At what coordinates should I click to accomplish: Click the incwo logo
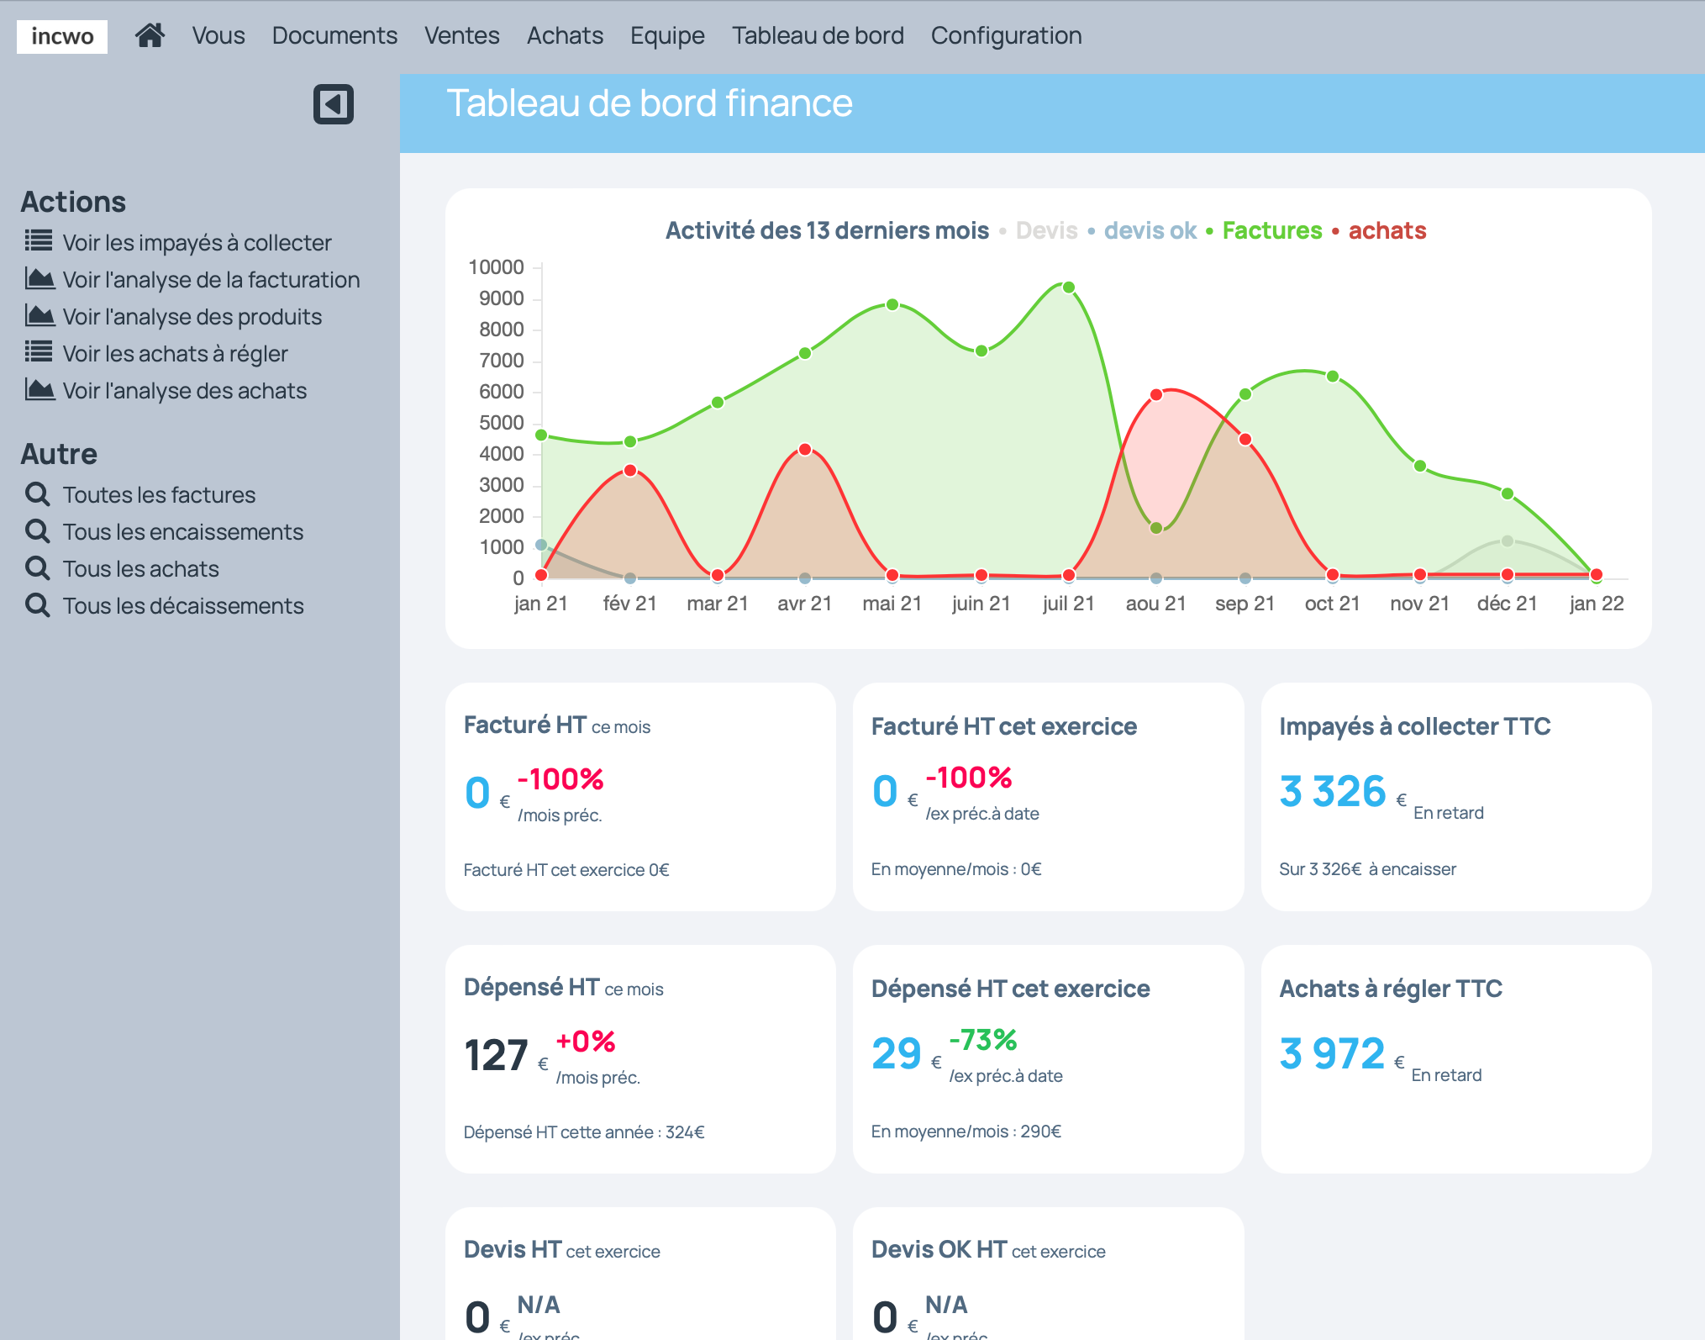point(62,36)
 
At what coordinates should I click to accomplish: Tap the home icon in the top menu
point(150,35)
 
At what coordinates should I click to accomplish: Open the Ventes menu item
point(461,35)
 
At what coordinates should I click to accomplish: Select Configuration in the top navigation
point(1006,35)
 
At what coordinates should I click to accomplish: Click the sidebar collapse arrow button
point(333,104)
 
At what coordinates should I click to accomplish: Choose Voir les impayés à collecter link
point(197,242)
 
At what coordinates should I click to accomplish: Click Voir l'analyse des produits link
point(192,316)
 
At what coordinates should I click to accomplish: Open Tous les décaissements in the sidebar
point(182,605)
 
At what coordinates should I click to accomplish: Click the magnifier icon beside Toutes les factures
point(38,494)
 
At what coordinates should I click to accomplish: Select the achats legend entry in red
point(1387,230)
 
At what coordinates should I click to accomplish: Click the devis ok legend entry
point(1150,230)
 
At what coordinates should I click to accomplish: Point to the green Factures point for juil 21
point(1069,288)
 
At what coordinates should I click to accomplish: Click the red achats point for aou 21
point(1156,395)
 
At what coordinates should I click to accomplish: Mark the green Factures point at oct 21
point(1333,377)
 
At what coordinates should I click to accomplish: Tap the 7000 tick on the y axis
point(502,361)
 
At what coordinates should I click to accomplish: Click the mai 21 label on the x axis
point(892,604)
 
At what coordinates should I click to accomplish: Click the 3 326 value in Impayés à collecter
point(1332,792)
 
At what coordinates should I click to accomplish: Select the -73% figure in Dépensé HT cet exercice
point(982,1040)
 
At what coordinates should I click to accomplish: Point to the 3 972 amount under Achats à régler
point(1332,1054)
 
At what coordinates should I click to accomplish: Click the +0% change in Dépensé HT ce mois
point(586,1042)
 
